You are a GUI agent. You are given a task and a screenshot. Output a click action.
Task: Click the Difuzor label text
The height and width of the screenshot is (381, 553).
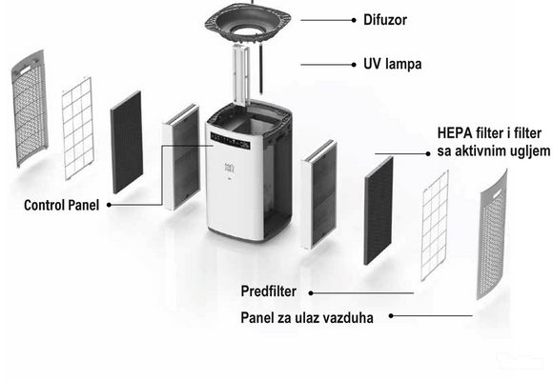click(x=385, y=20)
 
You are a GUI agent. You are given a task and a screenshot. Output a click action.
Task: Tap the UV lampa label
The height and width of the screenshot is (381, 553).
click(x=393, y=64)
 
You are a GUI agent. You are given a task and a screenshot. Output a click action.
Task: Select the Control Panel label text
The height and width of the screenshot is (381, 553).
click(x=61, y=205)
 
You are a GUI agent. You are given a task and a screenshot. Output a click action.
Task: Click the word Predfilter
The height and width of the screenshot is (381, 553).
click(x=268, y=291)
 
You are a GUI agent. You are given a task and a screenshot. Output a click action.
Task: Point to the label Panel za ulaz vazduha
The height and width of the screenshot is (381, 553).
click(x=307, y=318)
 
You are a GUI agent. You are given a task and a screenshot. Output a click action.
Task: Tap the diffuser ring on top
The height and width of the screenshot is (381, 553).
click(x=248, y=23)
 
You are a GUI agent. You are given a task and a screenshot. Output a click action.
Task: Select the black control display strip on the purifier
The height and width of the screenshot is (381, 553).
click(x=230, y=140)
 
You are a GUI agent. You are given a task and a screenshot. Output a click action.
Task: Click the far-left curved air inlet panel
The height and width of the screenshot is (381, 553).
click(x=30, y=108)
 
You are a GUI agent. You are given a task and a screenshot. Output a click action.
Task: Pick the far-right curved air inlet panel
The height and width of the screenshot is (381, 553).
click(x=492, y=234)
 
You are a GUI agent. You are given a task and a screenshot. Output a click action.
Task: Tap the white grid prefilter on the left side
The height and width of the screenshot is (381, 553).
click(x=77, y=129)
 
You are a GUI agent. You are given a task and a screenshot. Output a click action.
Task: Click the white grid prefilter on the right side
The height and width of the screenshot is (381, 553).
click(x=435, y=226)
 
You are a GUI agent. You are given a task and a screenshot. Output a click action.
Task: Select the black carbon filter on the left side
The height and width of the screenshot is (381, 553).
click(x=127, y=142)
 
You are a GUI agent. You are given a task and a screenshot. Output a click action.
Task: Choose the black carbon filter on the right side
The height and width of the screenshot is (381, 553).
click(x=379, y=211)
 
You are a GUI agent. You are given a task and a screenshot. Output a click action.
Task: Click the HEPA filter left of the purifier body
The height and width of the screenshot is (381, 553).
click(x=181, y=157)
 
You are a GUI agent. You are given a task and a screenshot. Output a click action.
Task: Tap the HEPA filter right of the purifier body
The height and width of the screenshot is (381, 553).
click(x=318, y=195)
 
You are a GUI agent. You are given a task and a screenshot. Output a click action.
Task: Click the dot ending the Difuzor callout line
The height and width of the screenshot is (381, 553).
click(x=354, y=20)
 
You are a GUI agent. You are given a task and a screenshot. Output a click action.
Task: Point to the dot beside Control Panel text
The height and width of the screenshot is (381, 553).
click(x=109, y=205)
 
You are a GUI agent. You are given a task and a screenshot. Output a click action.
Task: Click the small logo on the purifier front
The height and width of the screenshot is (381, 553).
click(x=229, y=169)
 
